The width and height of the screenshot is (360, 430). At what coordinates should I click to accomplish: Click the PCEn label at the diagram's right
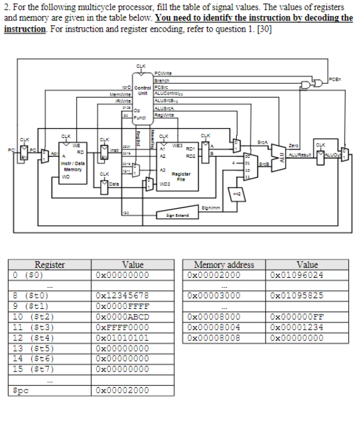tap(336, 79)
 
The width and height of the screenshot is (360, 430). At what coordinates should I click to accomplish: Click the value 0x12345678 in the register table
tap(122, 295)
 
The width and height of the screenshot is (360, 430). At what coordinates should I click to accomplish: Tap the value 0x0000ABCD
tap(122, 315)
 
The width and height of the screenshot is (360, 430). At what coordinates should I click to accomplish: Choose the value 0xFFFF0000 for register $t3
tap(122, 325)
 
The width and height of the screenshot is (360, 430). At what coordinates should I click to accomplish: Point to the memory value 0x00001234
tap(297, 325)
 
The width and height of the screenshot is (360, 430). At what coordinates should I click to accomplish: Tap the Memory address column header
tap(224, 265)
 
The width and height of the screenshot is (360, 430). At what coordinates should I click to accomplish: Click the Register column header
tap(50, 265)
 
